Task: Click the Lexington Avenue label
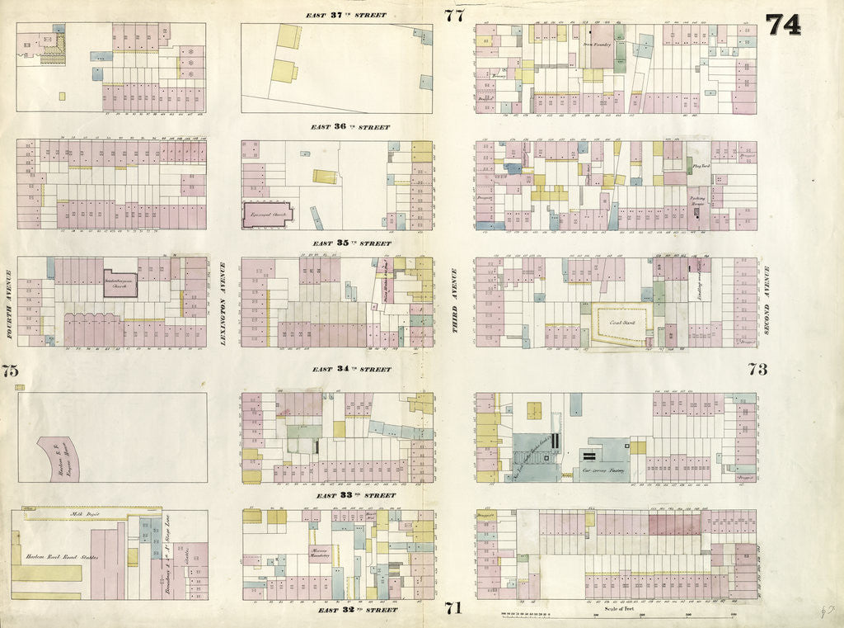(x=223, y=303)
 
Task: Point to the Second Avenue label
(x=766, y=300)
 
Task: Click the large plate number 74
(x=782, y=25)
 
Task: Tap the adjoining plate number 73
(x=757, y=369)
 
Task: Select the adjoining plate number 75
(x=9, y=371)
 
